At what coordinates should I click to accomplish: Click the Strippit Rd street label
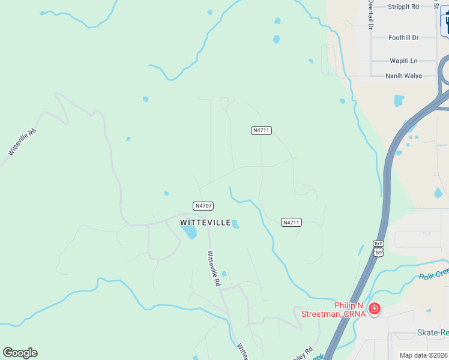(x=403, y=7)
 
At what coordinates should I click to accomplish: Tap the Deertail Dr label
(x=370, y=16)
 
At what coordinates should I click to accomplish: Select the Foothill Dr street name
(x=403, y=37)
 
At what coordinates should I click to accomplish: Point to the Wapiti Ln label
(x=403, y=61)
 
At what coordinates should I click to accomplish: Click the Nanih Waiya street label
(x=404, y=76)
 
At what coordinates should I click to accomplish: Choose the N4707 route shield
(x=203, y=206)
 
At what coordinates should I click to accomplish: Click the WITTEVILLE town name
(x=205, y=223)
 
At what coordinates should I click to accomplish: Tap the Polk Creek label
(x=433, y=274)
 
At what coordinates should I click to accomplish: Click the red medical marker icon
(x=375, y=309)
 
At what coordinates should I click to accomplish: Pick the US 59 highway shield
(x=379, y=253)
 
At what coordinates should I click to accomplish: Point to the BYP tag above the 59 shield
(x=378, y=244)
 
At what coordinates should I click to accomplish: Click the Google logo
(x=20, y=353)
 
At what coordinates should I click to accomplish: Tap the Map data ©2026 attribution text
(x=424, y=355)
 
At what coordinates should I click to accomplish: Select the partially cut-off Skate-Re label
(x=432, y=332)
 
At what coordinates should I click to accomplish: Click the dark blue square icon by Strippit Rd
(x=445, y=24)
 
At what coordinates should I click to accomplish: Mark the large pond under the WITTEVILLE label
(x=189, y=232)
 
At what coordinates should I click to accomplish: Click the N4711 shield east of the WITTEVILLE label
(x=291, y=223)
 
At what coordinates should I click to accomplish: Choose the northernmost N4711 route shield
(x=261, y=130)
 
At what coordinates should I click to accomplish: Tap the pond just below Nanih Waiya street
(x=399, y=100)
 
